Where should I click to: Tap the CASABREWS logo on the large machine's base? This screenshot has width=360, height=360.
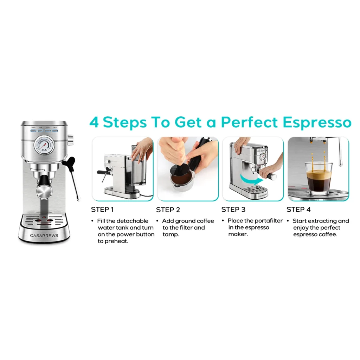click(44, 235)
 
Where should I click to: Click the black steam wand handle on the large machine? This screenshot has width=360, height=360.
click(69, 162)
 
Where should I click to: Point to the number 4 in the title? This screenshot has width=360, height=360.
click(94, 123)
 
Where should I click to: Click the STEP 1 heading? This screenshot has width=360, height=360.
click(102, 210)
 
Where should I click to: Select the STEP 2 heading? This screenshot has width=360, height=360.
click(168, 210)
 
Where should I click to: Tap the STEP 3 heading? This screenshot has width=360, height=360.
click(233, 210)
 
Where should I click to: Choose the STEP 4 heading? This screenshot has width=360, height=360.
click(298, 210)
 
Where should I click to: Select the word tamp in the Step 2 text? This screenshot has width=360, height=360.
click(171, 234)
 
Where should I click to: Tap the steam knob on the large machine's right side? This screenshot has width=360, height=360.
click(71, 140)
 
